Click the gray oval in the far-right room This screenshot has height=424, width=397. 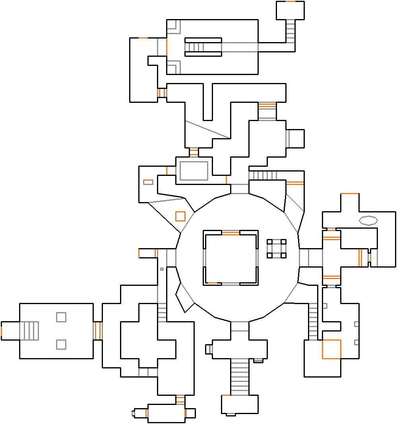(x=368, y=220)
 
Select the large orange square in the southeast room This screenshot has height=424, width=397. (x=331, y=349)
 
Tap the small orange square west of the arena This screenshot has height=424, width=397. (x=180, y=216)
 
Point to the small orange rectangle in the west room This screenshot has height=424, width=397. (x=148, y=182)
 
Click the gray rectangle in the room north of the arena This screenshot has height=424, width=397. (x=194, y=171)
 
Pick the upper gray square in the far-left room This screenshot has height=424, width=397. (x=61, y=317)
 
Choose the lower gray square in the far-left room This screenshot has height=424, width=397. (x=61, y=344)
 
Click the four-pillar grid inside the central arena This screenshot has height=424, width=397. (x=277, y=249)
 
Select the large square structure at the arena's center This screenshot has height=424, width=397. (x=230, y=257)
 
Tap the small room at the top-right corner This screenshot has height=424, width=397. (x=290, y=11)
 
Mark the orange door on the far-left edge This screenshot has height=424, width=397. (x=2, y=331)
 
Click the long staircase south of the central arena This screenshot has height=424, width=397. (x=240, y=377)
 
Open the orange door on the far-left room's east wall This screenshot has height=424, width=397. (x=97, y=331)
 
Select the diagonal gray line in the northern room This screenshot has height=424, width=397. (x=207, y=129)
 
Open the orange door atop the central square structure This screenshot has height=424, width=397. (x=230, y=233)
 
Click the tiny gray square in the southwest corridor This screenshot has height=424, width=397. (x=162, y=269)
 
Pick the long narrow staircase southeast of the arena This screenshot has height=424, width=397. (x=313, y=322)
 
